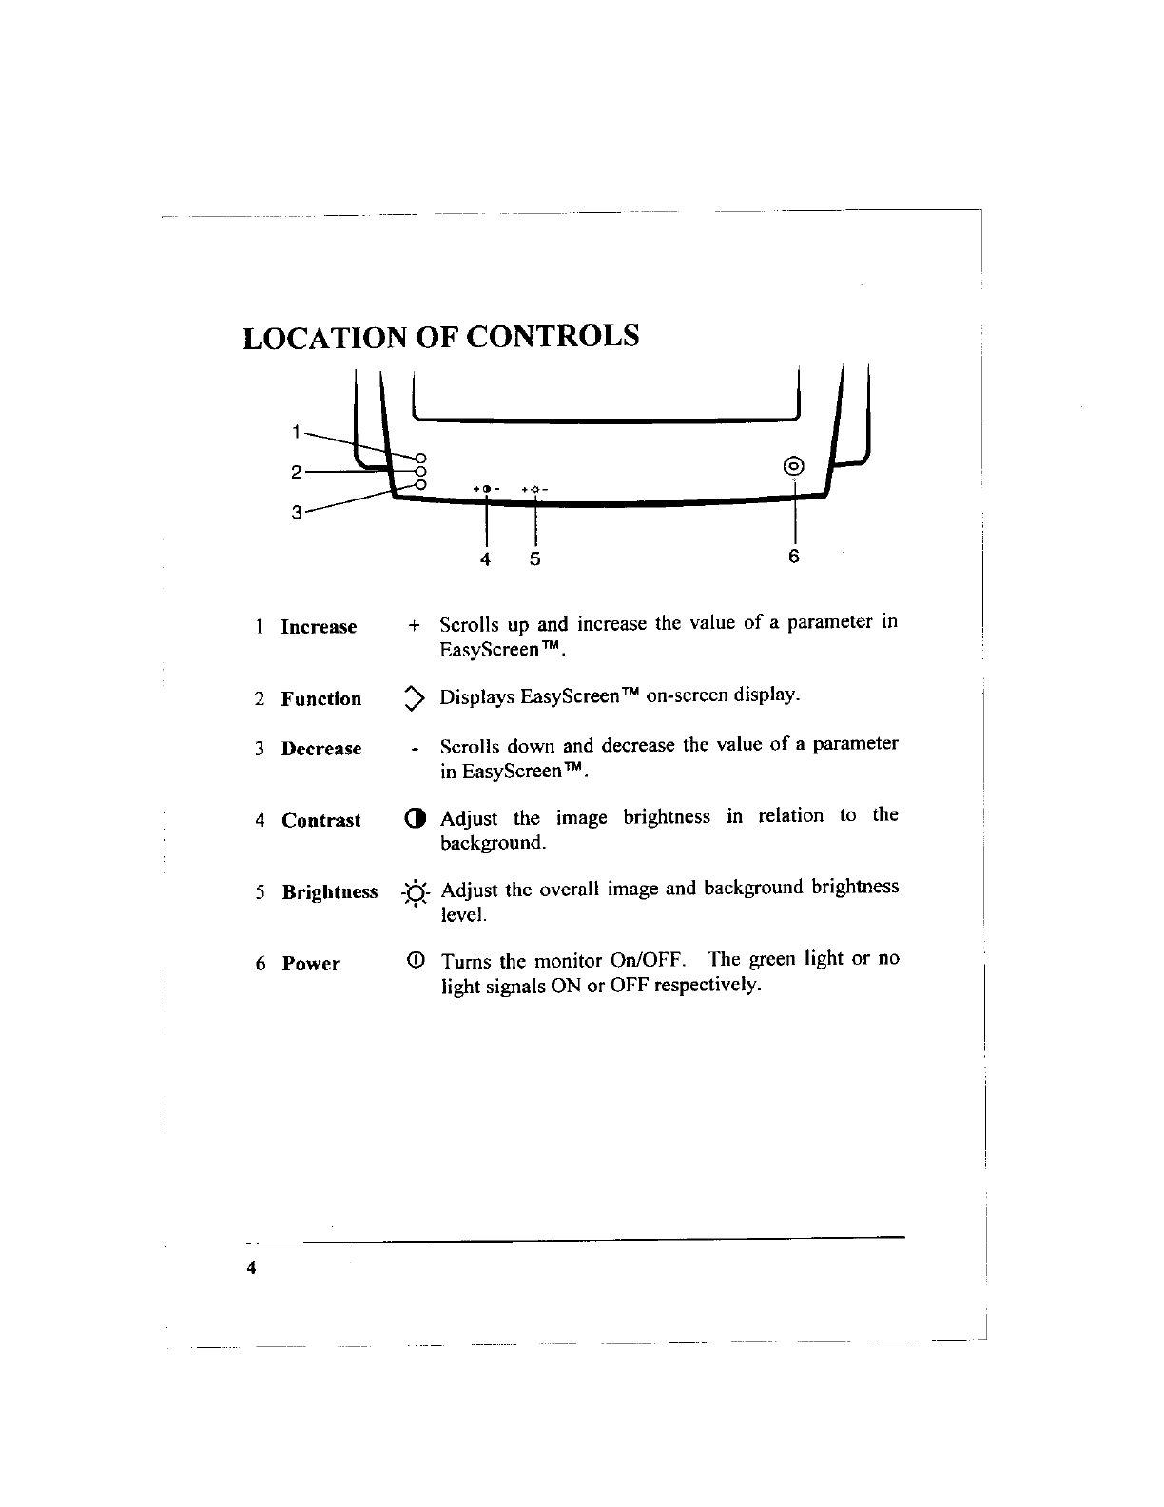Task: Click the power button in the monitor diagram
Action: [x=794, y=466]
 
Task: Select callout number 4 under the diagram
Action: [x=485, y=559]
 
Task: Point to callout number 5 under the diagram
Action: [x=534, y=559]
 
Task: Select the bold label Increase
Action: [x=319, y=627]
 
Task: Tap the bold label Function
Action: [x=321, y=699]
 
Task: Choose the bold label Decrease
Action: [x=321, y=749]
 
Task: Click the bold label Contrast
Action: [x=321, y=820]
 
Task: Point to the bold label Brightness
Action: [x=330, y=892]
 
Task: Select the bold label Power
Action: [x=311, y=964]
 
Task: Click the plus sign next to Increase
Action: [x=413, y=626]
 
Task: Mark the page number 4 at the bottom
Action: [x=251, y=1268]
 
